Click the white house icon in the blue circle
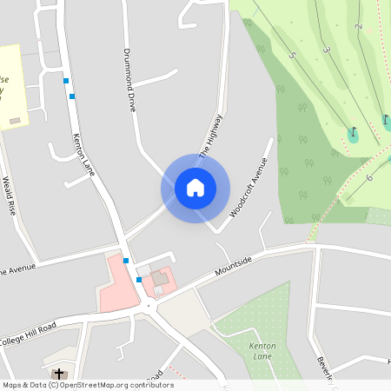pyautogui.click(x=195, y=187)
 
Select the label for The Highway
pyautogui.click(x=211, y=136)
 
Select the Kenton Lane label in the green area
pyautogui.click(x=262, y=351)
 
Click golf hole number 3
pyautogui.click(x=327, y=50)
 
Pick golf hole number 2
pyautogui.click(x=358, y=26)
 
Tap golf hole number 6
pyautogui.click(x=368, y=177)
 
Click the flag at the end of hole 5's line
pyautogui.click(x=353, y=134)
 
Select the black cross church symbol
pyautogui.click(x=59, y=373)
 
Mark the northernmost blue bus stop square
pyautogui.click(x=65, y=81)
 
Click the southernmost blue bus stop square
pyautogui.click(x=139, y=280)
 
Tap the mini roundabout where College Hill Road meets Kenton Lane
pyautogui.click(x=149, y=305)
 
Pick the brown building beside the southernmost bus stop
pyautogui.click(x=160, y=279)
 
